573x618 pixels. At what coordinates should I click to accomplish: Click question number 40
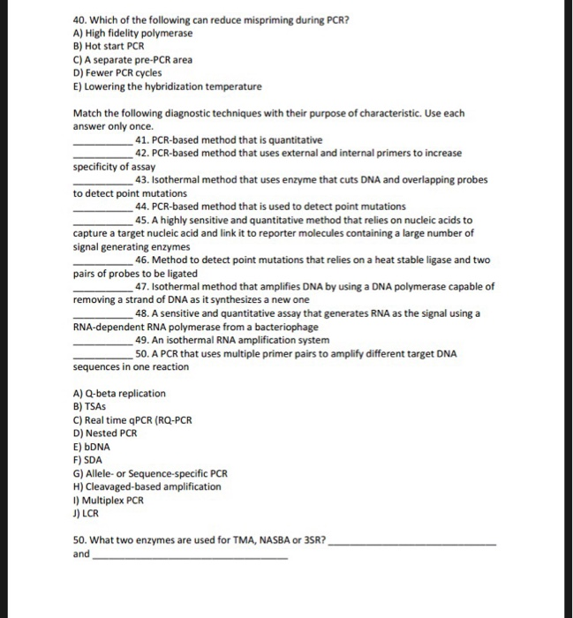[79, 18]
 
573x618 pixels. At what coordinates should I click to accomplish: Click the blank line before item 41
[102, 141]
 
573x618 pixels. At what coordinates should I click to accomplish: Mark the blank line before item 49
[102, 341]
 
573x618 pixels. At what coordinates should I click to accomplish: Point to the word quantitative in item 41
[295, 140]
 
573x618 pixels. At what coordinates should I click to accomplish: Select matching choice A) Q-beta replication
[120, 394]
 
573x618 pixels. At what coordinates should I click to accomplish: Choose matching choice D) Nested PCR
[105, 433]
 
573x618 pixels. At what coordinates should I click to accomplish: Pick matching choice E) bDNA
[93, 447]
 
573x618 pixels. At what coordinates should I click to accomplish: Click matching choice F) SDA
[89, 460]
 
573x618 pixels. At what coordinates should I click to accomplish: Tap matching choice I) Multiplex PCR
[109, 500]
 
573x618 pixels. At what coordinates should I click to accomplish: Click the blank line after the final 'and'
[190, 556]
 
